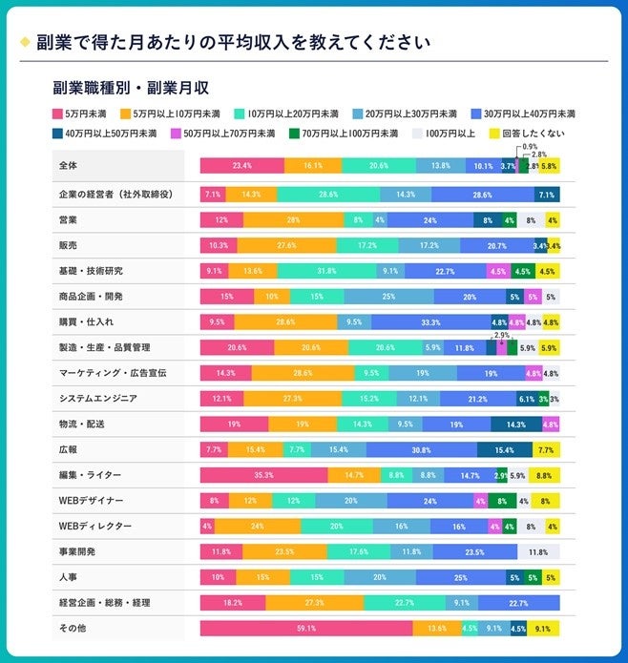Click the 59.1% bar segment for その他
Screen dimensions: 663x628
tap(306, 628)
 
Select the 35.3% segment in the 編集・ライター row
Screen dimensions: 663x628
tap(263, 475)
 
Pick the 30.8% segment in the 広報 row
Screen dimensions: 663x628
tap(421, 449)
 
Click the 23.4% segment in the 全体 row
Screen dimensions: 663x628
tap(241, 166)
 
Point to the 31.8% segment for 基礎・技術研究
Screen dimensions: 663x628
tap(325, 271)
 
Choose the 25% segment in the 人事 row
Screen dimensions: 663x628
tap(460, 577)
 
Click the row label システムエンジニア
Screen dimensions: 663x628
tap(111, 398)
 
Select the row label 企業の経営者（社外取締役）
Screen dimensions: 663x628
tap(115, 195)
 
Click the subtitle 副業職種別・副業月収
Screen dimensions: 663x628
tap(132, 90)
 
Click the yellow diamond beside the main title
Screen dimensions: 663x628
tap(25, 42)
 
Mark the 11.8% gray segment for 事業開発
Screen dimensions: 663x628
tap(537, 551)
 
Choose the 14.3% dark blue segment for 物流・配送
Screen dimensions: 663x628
tap(516, 424)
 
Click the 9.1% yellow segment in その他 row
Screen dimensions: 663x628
tap(543, 628)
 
